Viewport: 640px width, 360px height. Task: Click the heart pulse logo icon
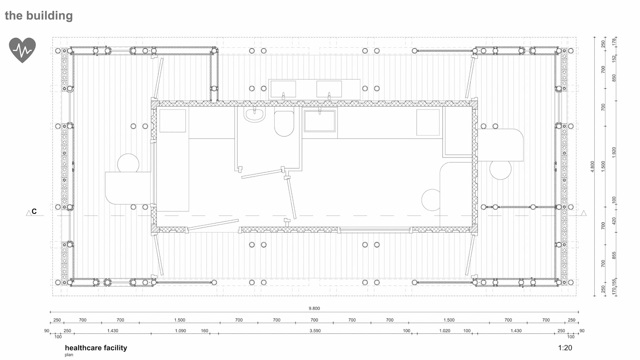[22, 50]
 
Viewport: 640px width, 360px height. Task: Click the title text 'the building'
[39, 16]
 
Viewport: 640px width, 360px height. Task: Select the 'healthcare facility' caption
[96, 348]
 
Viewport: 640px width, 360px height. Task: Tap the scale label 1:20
[565, 348]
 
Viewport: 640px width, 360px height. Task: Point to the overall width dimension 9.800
[314, 308]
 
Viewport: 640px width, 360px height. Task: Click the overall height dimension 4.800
[592, 167]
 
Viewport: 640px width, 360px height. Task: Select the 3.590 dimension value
[315, 331]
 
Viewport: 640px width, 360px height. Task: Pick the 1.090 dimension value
[180, 331]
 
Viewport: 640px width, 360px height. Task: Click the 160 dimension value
[204, 331]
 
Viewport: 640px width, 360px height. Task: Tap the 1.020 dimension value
[445, 331]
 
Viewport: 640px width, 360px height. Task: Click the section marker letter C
[34, 212]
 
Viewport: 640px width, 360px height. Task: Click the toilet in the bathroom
[284, 123]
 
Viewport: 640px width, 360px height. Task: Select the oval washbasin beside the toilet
[255, 114]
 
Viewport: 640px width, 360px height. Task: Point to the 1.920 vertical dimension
[614, 152]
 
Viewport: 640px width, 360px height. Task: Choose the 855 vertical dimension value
[614, 255]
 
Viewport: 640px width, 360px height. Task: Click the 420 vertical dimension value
[614, 221]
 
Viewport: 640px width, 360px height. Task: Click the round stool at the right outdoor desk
[500, 169]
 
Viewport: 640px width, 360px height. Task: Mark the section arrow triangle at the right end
[583, 213]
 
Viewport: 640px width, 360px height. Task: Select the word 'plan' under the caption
[69, 355]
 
